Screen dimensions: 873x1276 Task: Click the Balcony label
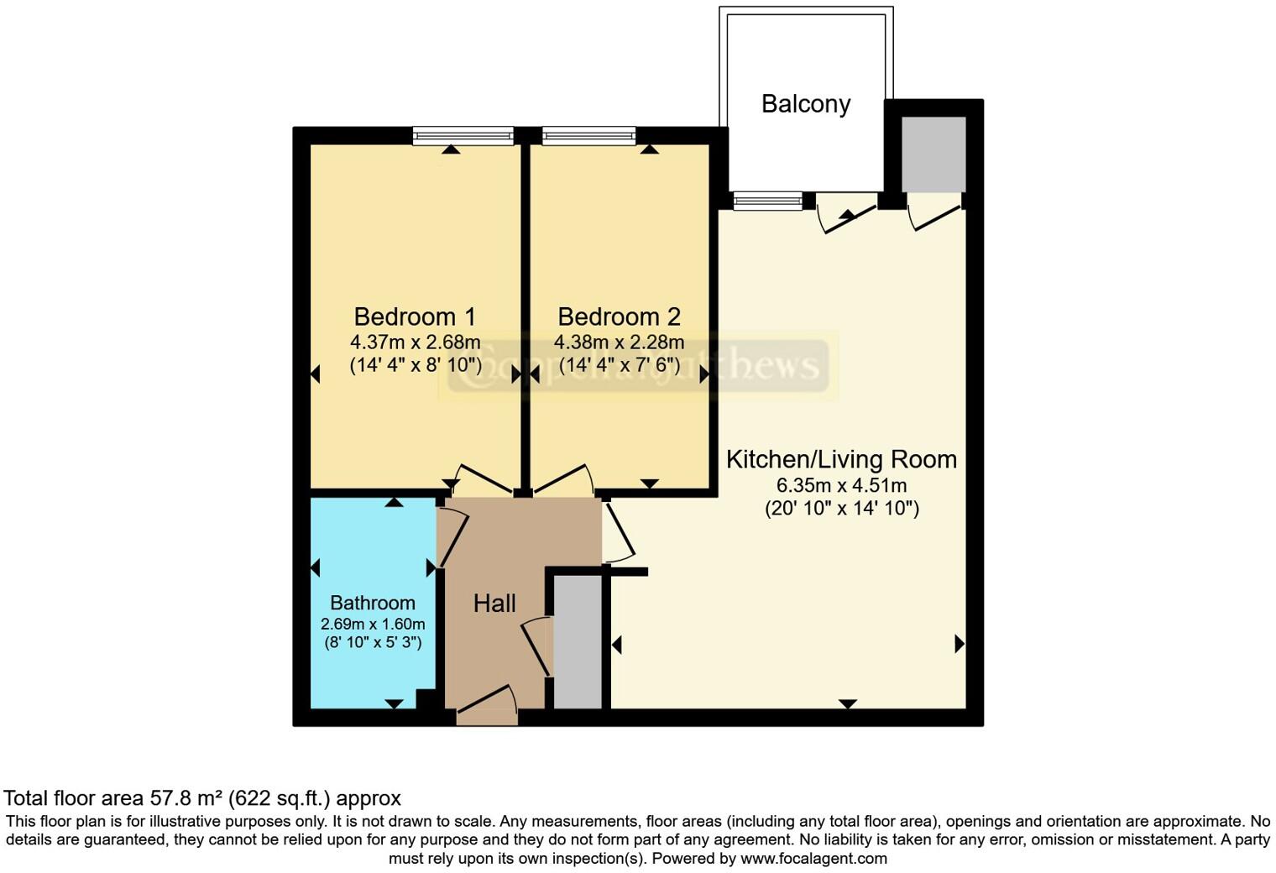(x=805, y=104)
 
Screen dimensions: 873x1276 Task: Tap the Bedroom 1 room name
(x=415, y=316)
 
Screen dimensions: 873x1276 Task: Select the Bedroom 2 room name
(x=619, y=316)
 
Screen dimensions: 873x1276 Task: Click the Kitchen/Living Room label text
(x=841, y=459)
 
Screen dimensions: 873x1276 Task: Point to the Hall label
(x=494, y=603)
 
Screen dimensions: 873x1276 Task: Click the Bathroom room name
(x=372, y=603)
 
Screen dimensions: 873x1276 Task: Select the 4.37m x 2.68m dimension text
(x=415, y=342)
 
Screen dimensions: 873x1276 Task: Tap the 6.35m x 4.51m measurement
(x=841, y=485)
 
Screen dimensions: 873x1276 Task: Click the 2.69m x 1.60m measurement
(x=372, y=625)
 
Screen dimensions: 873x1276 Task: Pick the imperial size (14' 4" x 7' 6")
(x=619, y=365)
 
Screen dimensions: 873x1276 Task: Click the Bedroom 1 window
(x=463, y=135)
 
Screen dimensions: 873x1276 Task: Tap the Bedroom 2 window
(x=588, y=135)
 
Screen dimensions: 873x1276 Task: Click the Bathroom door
(x=451, y=537)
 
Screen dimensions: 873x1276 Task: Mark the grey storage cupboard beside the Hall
(x=578, y=641)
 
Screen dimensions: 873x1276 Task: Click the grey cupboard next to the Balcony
(x=933, y=154)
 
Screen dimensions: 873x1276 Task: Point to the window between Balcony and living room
(x=767, y=201)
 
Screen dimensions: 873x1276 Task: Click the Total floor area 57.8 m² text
(x=202, y=797)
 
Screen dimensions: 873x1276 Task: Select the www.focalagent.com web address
(x=813, y=859)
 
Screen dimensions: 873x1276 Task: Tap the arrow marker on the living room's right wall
(x=959, y=644)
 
